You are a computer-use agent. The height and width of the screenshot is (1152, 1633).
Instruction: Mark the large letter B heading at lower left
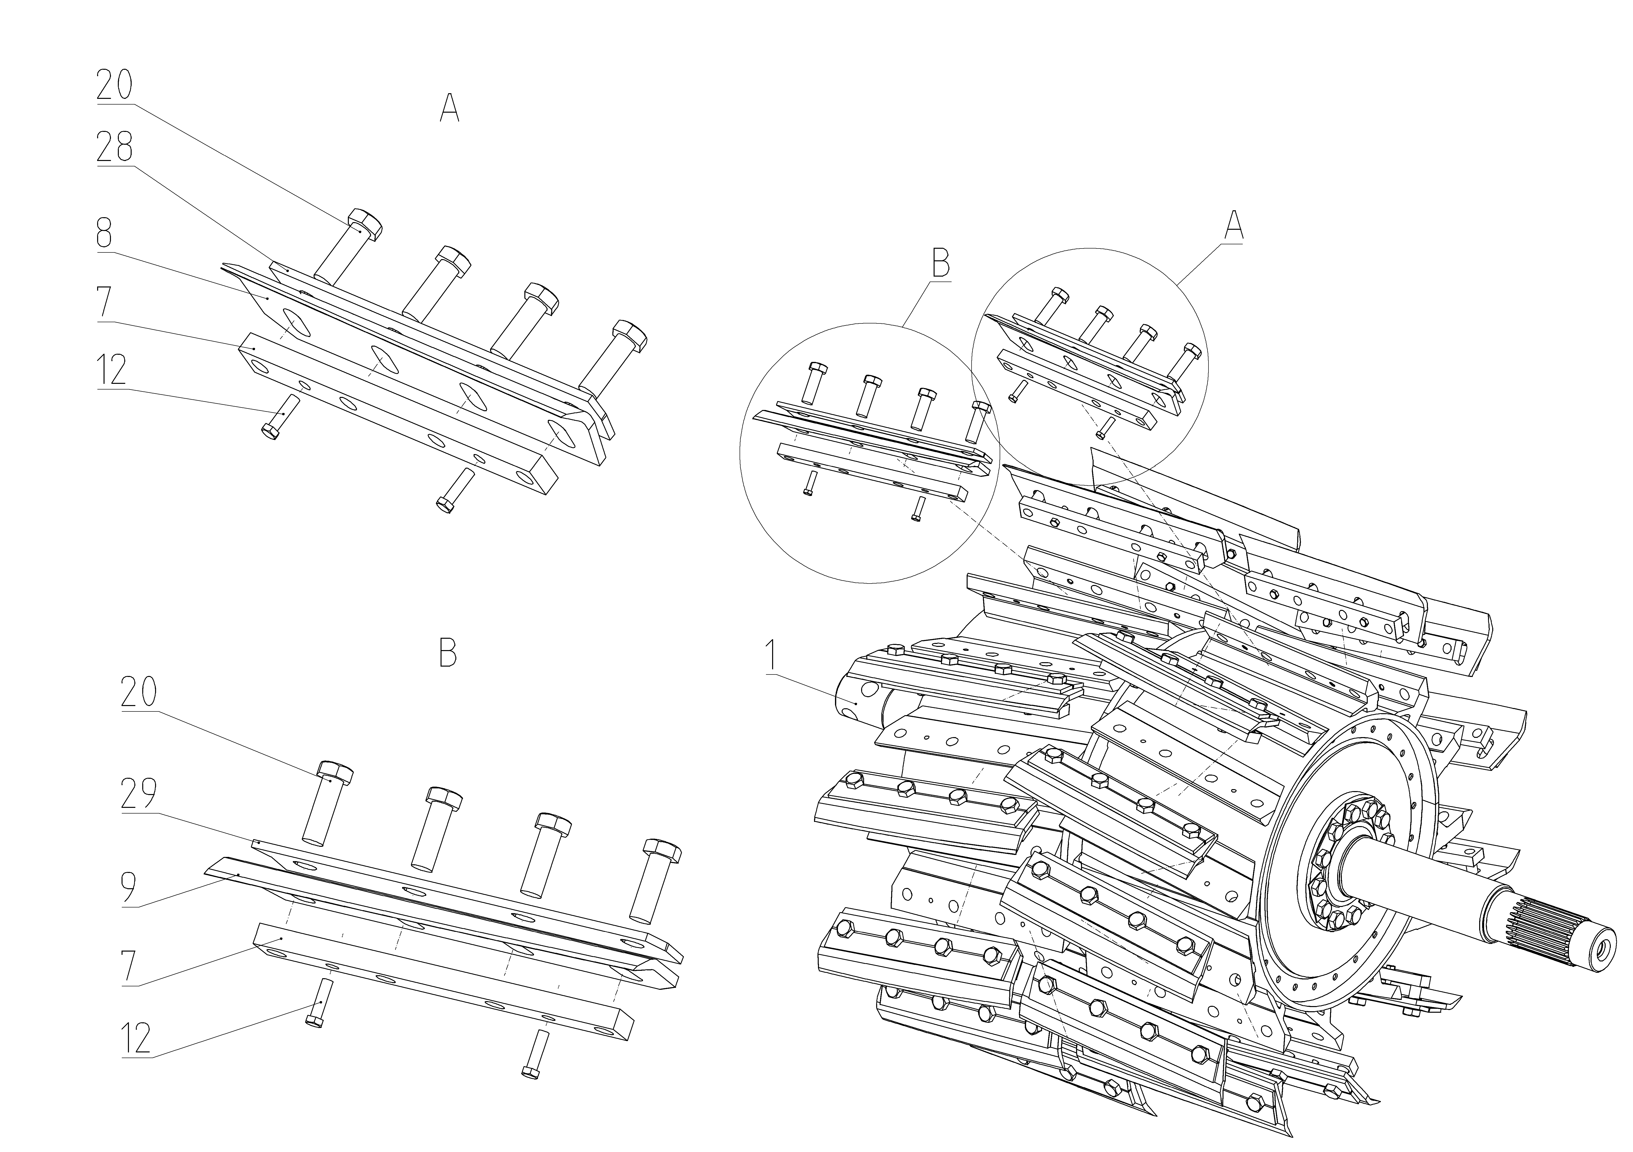447,652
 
